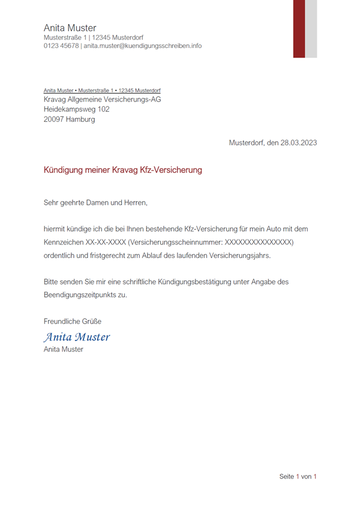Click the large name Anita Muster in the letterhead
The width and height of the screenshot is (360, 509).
[x=70, y=28]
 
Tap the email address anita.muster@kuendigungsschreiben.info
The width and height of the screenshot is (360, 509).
[x=143, y=46]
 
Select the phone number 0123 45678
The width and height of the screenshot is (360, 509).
[x=61, y=46]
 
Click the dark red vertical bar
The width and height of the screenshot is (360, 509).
[x=299, y=29]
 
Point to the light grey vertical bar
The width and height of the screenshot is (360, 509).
[x=311, y=29]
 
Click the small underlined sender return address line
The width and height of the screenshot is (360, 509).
[x=102, y=91]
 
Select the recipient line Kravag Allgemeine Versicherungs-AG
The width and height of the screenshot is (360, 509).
[x=102, y=100]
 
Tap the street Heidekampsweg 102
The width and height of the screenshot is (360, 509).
[x=77, y=109]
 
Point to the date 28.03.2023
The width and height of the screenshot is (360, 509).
[x=298, y=143]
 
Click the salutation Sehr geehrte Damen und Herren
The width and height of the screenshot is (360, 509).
[x=95, y=203]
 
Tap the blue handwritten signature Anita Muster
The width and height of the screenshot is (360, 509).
[x=77, y=337]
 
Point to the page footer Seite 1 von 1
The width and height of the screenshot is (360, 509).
[x=298, y=477]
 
